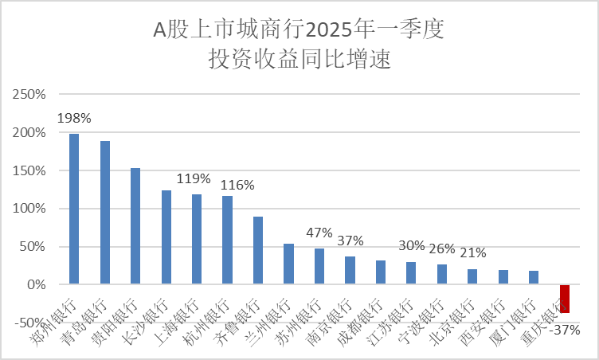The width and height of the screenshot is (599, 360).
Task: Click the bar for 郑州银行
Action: (x=74, y=209)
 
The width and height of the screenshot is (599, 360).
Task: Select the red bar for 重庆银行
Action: (x=565, y=299)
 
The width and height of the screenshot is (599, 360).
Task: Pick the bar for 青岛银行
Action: (x=105, y=213)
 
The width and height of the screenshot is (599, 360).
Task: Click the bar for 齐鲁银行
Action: (x=258, y=250)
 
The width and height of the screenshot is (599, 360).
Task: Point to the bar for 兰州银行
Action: (x=288, y=264)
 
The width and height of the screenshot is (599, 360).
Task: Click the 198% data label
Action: (x=74, y=118)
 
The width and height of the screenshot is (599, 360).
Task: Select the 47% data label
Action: (x=319, y=233)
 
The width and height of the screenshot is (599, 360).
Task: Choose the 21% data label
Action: (x=472, y=253)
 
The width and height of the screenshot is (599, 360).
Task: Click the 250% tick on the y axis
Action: (x=30, y=95)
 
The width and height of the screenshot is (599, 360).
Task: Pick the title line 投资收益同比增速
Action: (x=299, y=60)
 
